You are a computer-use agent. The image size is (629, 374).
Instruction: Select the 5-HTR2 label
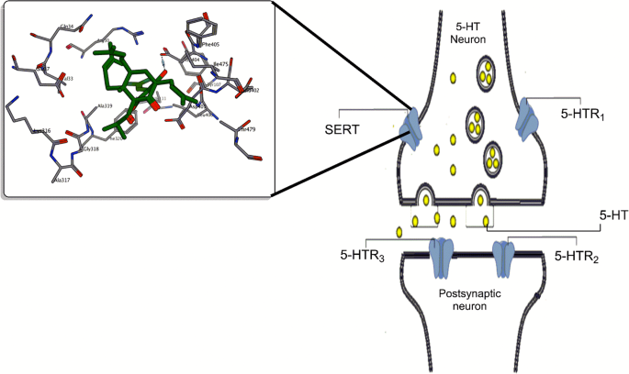[581, 257]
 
